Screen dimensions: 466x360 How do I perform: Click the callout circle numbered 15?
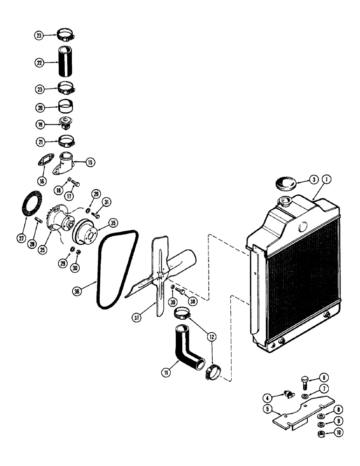(90, 162)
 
